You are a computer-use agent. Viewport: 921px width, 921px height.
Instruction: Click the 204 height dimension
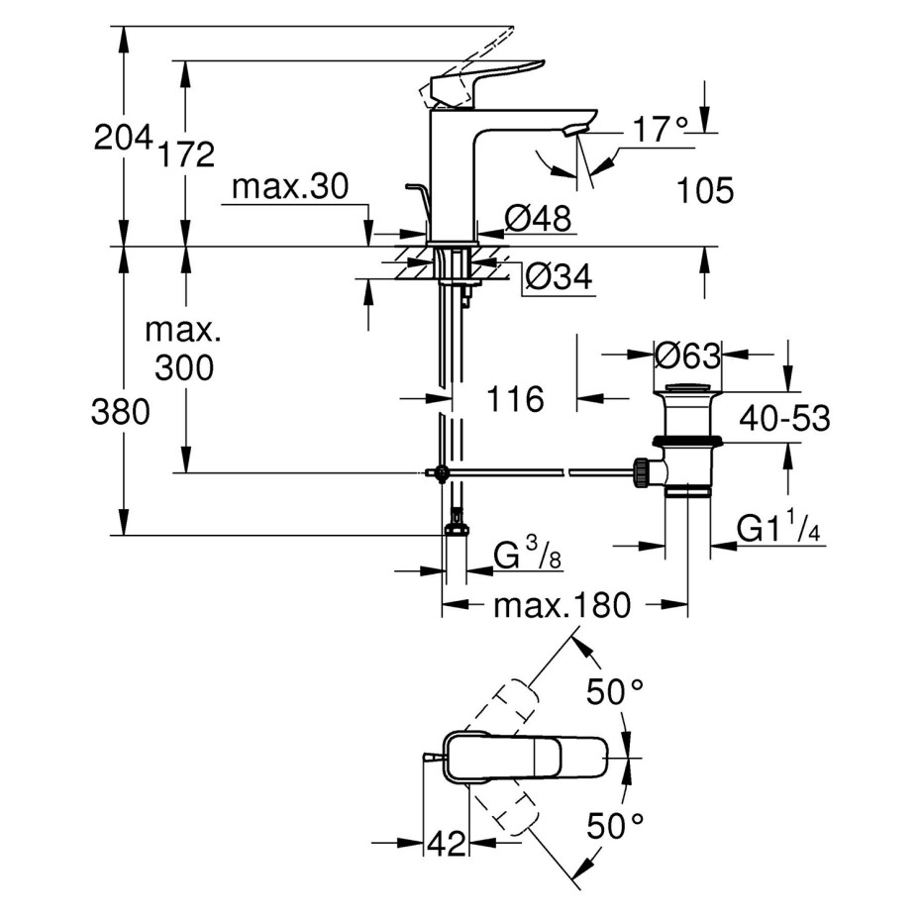[x=122, y=138]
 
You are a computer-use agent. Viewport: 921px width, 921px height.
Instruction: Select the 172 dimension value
[x=185, y=154]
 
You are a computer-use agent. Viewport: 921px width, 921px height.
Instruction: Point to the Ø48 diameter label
[x=539, y=218]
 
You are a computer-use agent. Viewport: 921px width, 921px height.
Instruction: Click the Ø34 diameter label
[x=558, y=278]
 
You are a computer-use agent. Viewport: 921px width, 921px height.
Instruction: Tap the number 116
[x=515, y=400]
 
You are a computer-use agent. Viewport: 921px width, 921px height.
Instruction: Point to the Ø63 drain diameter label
[x=687, y=354]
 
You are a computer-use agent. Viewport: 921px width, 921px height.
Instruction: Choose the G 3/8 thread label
[x=530, y=557]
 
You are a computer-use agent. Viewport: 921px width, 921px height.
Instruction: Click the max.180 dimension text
[x=562, y=606]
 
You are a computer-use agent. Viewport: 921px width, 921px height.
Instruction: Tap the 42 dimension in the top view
[x=446, y=844]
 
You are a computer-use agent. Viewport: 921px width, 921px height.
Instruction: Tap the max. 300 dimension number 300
[x=184, y=368]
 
